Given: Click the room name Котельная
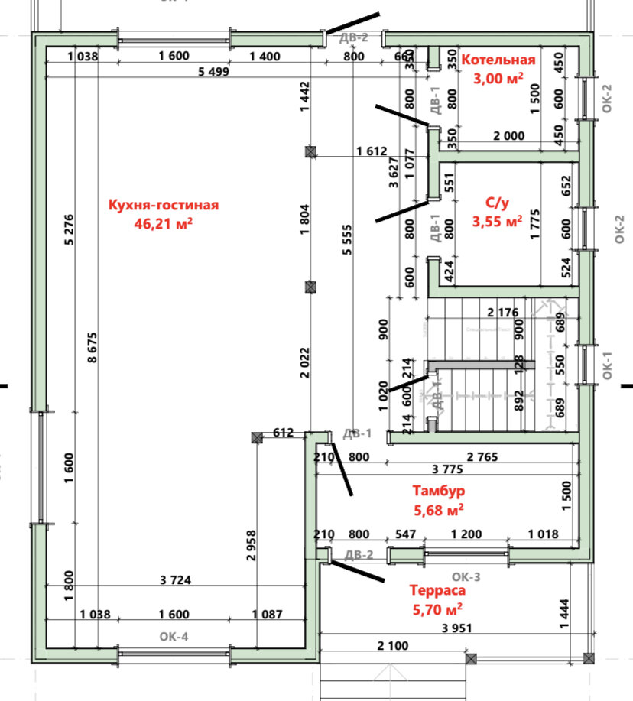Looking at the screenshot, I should pyautogui.click(x=498, y=60).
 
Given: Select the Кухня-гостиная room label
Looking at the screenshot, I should pyautogui.click(x=164, y=205).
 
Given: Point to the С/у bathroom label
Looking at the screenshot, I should pyautogui.click(x=497, y=203).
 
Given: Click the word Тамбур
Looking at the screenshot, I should pyautogui.click(x=439, y=491).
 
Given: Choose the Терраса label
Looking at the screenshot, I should pyautogui.click(x=437, y=590).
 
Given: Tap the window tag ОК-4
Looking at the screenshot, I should pyautogui.click(x=174, y=635).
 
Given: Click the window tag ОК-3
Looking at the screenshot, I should pyautogui.click(x=466, y=576).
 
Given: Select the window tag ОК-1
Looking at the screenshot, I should pyautogui.click(x=609, y=365).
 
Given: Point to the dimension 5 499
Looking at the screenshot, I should pyautogui.click(x=215, y=72).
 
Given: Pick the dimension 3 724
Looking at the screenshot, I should pyautogui.click(x=175, y=581).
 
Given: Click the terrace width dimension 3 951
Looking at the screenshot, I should pyautogui.click(x=456, y=628).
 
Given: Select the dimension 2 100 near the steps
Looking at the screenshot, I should pyautogui.click(x=393, y=646).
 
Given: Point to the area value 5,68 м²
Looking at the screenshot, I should pyautogui.click(x=439, y=508).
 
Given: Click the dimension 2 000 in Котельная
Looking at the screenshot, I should pyautogui.click(x=508, y=136).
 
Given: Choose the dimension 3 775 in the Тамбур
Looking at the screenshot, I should pyautogui.click(x=448, y=469).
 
